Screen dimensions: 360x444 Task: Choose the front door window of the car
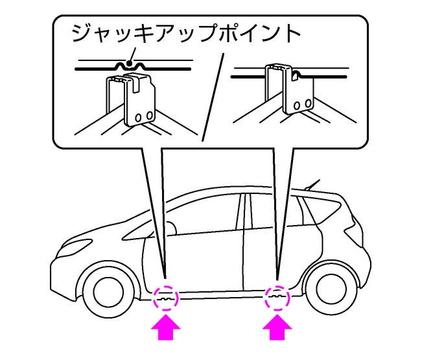tap(207, 214)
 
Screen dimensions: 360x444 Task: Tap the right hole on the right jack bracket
tap(305, 104)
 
